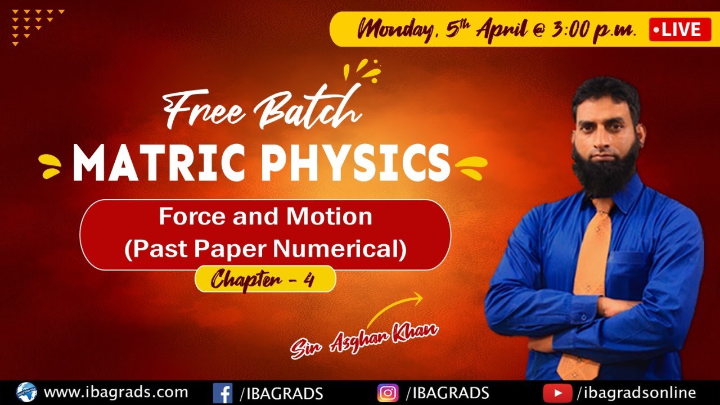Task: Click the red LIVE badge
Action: pos(679,29)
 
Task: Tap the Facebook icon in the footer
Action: pos(222,392)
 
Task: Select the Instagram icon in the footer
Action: pos(388,392)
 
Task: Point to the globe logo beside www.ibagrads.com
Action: pos(26,391)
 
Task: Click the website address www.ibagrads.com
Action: pos(115,391)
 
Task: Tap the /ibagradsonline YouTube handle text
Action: pos(636,392)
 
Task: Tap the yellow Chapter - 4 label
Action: pos(265,280)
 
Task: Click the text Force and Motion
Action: pos(265,217)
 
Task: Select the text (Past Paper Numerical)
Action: pos(265,249)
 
